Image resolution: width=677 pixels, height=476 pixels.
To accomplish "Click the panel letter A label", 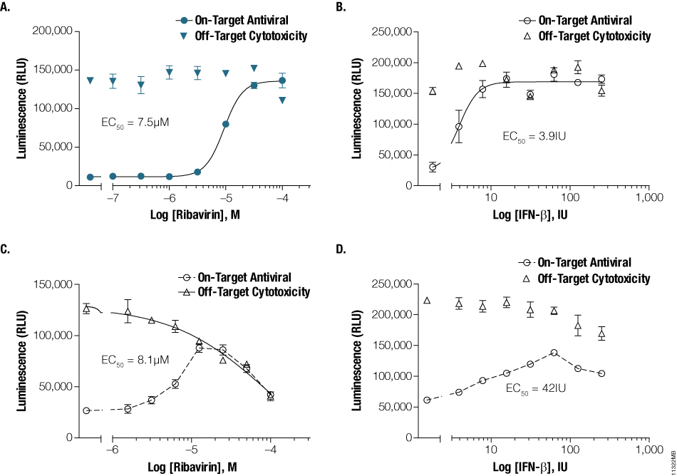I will coord(7,8).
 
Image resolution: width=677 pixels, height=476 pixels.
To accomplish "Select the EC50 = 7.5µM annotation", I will coord(135,123).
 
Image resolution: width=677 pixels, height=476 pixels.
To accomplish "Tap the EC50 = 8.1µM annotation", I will coord(135,362).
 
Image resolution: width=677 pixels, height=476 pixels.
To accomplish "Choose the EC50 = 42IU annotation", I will coord(532,389).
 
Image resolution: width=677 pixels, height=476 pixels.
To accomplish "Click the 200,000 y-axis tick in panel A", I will coord(56,31).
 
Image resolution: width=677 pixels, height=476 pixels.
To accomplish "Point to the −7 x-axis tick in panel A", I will coord(112,200).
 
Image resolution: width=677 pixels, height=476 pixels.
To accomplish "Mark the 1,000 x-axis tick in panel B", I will coord(648,200).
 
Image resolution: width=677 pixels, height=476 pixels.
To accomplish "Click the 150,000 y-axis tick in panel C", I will coord(56,284).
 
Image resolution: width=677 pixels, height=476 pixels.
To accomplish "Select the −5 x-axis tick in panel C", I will coord(190,452).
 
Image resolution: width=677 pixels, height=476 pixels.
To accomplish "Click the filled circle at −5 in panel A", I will coord(225,124).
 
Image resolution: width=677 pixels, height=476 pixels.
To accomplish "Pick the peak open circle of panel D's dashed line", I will coord(553,353).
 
